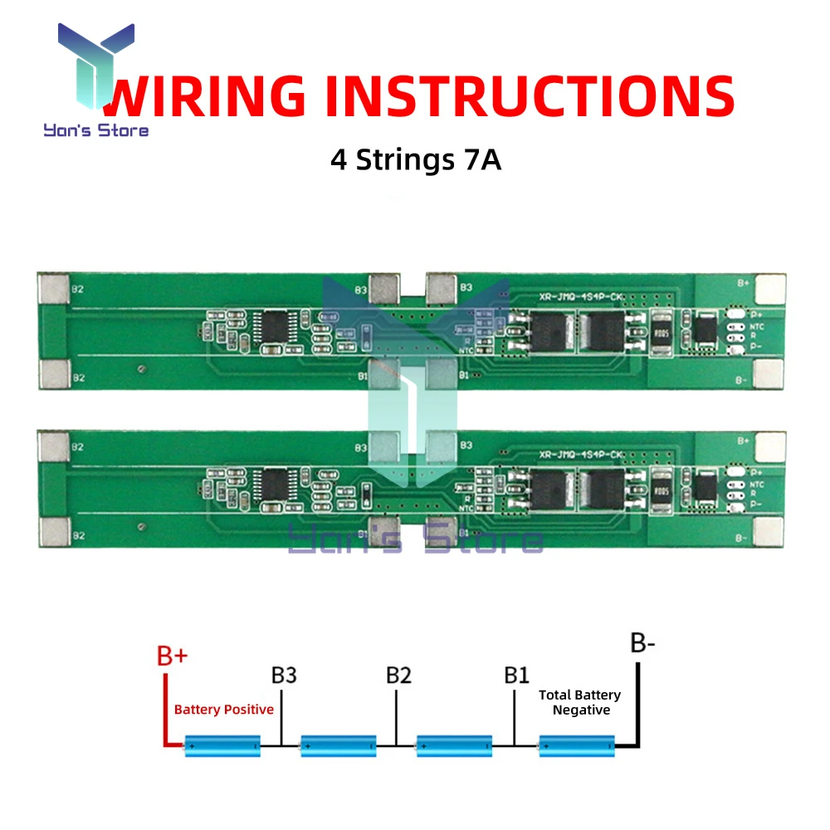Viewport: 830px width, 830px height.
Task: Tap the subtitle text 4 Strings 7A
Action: [416, 159]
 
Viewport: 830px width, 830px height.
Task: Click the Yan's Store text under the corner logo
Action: [96, 129]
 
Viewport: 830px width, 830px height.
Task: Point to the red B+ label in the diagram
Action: [173, 656]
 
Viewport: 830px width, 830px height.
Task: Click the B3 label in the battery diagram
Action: [284, 674]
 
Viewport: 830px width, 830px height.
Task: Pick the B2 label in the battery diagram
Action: [398, 674]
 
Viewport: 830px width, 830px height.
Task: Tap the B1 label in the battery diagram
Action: [516, 674]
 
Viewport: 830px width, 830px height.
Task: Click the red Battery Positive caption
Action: [223, 710]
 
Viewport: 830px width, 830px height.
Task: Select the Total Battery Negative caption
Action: [580, 702]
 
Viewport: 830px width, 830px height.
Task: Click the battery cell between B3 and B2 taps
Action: [339, 745]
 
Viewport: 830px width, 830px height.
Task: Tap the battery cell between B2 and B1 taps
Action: [454, 745]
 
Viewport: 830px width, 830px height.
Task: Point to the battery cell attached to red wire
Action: [222, 745]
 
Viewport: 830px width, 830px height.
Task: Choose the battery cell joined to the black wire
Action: [577, 745]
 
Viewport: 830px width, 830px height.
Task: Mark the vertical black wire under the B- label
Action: [637, 701]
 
